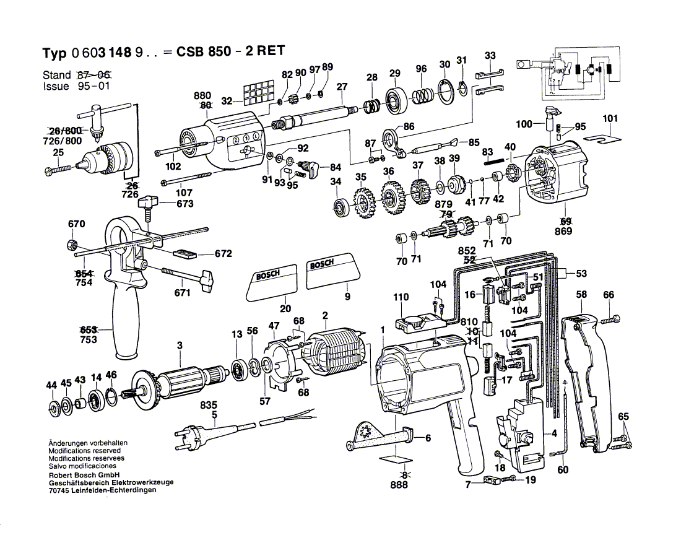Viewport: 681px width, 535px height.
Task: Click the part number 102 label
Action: click(x=173, y=166)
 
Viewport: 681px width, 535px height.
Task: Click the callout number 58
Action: click(x=581, y=295)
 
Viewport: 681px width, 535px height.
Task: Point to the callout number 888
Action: click(x=399, y=485)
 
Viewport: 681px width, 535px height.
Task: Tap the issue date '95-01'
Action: click(x=93, y=87)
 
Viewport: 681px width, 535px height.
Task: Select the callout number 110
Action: click(x=401, y=298)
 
